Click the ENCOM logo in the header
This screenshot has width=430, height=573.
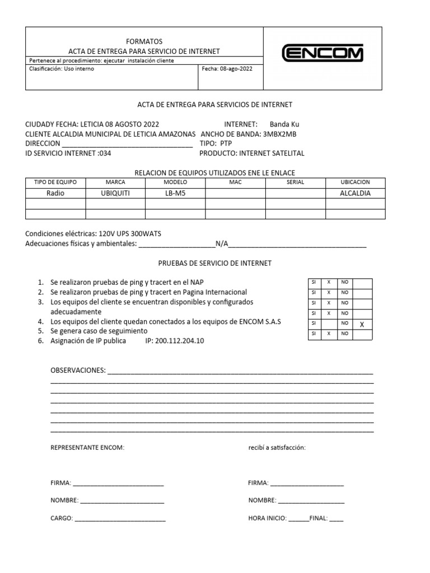(322, 54)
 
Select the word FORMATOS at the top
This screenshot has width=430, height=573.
(144, 41)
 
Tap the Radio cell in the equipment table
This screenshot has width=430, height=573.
(55, 194)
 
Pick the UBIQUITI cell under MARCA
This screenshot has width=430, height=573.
(115, 194)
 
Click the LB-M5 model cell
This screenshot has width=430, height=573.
(175, 194)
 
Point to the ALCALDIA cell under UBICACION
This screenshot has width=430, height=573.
(355, 194)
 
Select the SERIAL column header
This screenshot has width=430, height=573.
(295, 182)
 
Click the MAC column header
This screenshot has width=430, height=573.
(235, 182)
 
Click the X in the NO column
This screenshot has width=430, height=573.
(362, 324)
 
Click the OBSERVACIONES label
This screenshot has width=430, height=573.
(78, 371)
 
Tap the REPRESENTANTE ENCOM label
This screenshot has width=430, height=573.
(87, 448)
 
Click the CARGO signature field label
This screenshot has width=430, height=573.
(62, 519)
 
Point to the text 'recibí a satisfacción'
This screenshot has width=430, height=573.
(277, 448)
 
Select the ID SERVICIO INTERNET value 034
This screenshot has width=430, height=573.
(105, 153)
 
